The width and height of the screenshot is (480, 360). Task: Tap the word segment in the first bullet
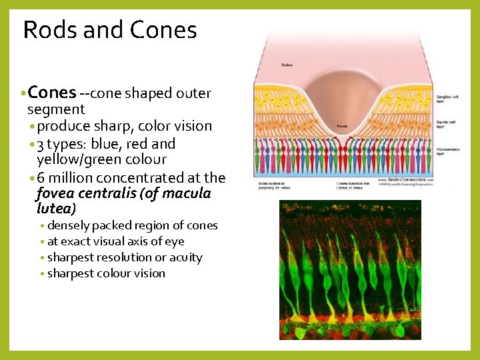pyautogui.click(x=56, y=109)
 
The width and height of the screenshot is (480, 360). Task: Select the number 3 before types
pyautogui.click(x=41, y=143)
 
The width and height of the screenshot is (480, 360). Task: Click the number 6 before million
pyautogui.click(x=41, y=177)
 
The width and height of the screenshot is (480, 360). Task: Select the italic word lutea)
pyautogui.click(x=57, y=208)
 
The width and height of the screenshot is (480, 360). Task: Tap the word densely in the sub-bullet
pyautogui.click(x=69, y=225)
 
